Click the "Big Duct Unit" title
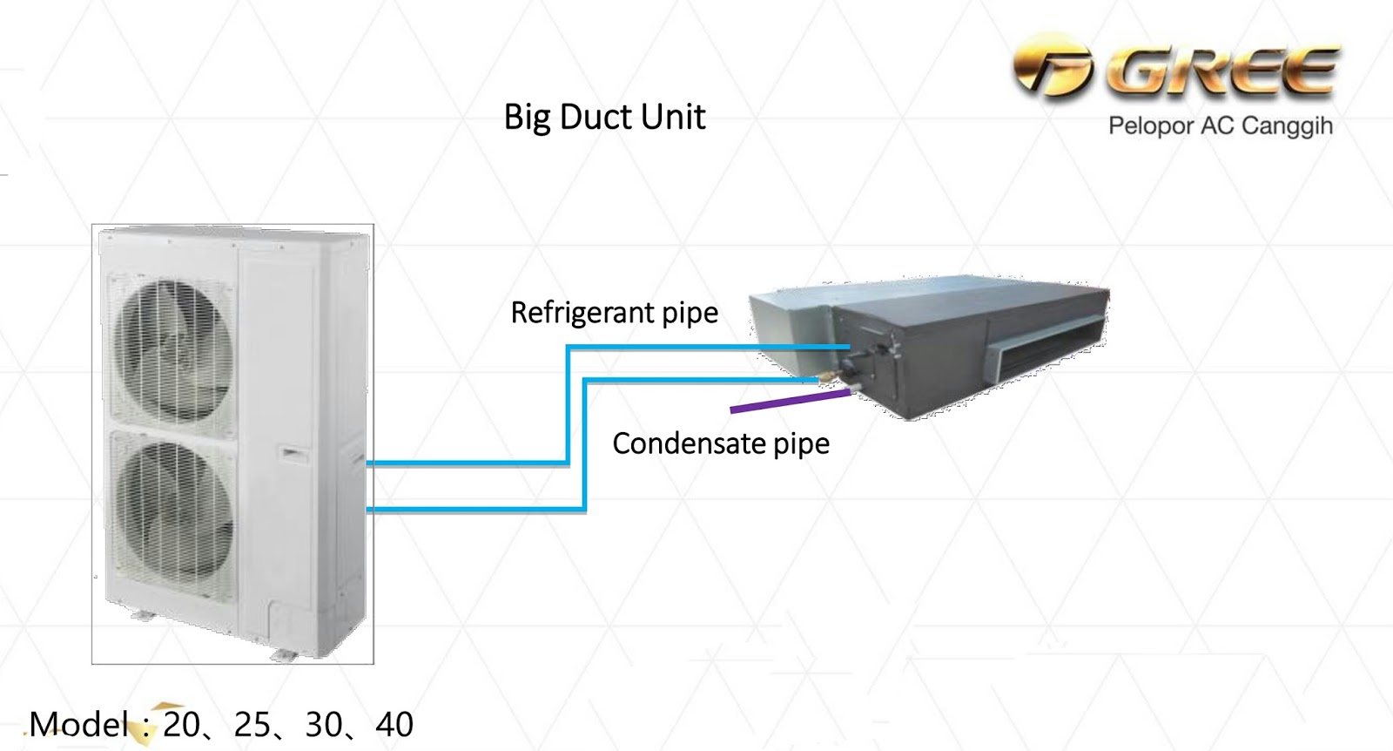click(604, 118)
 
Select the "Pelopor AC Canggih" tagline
click(1220, 126)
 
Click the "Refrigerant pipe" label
click(614, 313)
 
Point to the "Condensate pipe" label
click(721, 444)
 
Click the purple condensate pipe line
click(789, 401)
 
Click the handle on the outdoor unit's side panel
click(293, 454)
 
